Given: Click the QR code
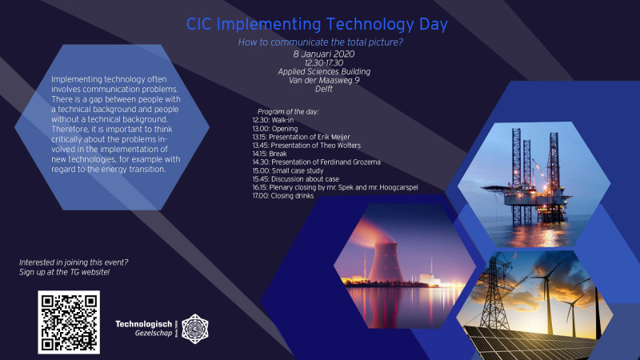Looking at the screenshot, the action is (x=69, y=322).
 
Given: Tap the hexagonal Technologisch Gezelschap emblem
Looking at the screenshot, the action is (x=194, y=329).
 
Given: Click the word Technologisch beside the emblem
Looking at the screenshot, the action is (x=144, y=324).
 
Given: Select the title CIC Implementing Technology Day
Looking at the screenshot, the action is (x=317, y=24).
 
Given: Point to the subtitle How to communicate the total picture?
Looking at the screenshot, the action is (x=321, y=42).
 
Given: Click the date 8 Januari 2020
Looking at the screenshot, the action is (x=324, y=54).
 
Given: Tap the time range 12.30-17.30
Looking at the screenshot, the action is (x=324, y=63).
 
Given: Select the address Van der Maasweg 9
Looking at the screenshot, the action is (x=324, y=80).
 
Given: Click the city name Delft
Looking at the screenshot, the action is (x=324, y=89).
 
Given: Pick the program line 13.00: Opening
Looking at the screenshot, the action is (x=274, y=129).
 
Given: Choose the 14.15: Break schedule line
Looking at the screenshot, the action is (x=270, y=154).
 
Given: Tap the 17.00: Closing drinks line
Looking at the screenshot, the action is (x=283, y=196).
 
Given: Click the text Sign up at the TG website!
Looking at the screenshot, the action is (x=64, y=272).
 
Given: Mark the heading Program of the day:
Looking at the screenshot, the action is (x=288, y=111).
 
